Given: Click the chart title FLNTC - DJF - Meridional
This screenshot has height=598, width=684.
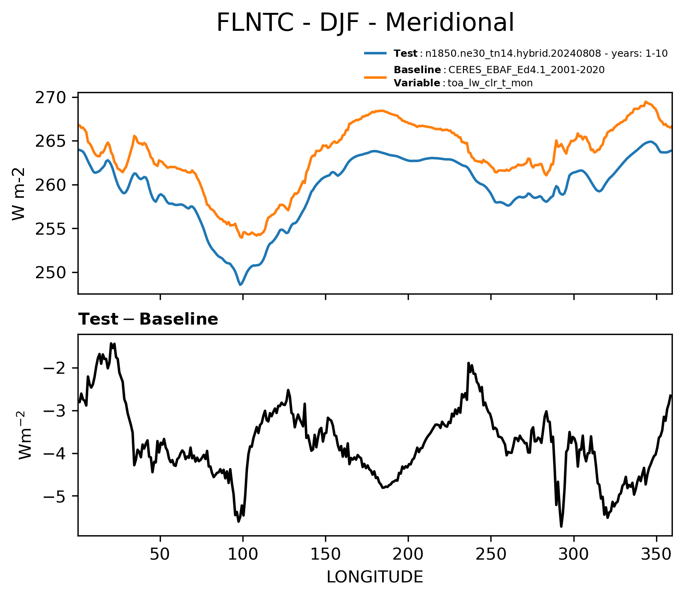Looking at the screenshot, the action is [x=365, y=23].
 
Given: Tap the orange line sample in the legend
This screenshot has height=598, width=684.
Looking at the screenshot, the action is [x=375, y=76].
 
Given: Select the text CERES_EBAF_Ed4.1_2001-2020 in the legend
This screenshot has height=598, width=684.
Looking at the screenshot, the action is [x=526, y=70].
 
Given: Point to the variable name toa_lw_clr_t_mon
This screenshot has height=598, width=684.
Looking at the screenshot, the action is [x=490, y=83].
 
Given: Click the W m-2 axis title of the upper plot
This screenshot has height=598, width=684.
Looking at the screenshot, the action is [x=19, y=194].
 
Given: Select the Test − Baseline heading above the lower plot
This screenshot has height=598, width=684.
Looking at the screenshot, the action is [x=148, y=319].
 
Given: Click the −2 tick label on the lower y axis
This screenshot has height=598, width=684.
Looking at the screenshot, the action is [x=56, y=368].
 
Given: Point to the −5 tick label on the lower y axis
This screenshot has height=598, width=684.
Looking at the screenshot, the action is [x=56, y=496].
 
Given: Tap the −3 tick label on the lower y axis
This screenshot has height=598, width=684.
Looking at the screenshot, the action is [x=56, y=411].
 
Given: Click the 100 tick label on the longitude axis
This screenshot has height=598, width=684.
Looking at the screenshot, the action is [x=243, y=554].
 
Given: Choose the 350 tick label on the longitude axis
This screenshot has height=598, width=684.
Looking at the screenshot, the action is [x=656, y=554].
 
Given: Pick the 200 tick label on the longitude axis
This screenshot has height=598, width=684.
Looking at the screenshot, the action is [x=408, y=554].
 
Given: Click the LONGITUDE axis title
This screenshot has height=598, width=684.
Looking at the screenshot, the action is [x=375, y=577].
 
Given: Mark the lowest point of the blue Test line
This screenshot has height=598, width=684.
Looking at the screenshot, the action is [x=240, y=285].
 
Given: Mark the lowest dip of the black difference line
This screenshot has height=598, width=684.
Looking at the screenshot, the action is [x=561, y=526].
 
